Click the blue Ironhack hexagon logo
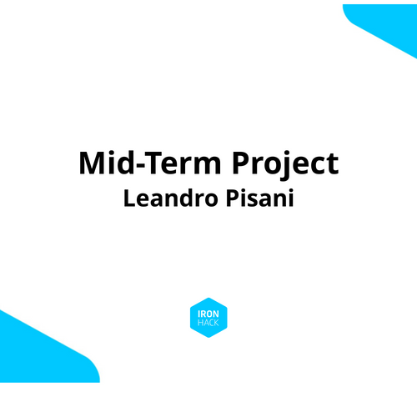point(208,317)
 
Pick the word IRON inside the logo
point(208,313)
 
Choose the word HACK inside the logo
point(208,322)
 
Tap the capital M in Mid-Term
point(93,163)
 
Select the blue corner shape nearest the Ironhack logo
point(38,350)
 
